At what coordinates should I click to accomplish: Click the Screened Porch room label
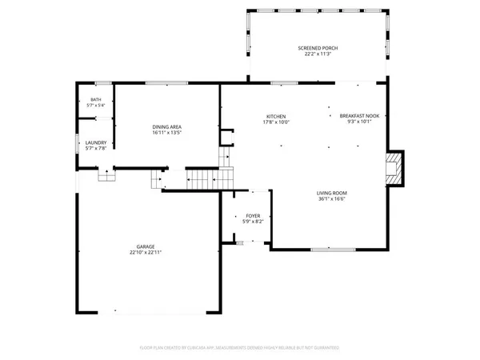point(318,49)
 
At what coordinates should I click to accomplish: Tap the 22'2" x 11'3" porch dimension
point(318,55)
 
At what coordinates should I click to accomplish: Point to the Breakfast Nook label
point(358,116)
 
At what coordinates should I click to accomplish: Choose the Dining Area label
point(168,126)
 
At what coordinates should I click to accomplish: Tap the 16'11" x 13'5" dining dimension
point(168,133)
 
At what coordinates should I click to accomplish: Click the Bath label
point(95,100)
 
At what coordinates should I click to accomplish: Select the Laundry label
point(95,142)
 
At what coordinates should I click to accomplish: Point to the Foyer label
point(253,215)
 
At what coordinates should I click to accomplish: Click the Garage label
point(146,246)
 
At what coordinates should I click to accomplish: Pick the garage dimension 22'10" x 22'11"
point(146,253)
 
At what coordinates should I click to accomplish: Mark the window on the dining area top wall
point(167,82)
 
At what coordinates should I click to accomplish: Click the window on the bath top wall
point(102,82)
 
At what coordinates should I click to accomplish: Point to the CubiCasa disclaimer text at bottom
point(240,348)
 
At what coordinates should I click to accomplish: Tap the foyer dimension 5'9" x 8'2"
point(253,222)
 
